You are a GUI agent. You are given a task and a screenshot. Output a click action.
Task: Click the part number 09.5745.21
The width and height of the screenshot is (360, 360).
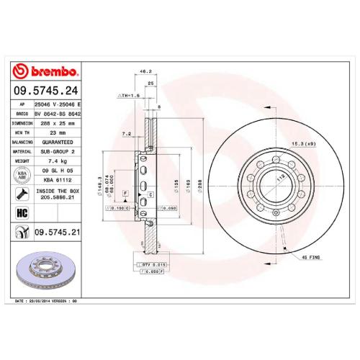click(x=57, y=233)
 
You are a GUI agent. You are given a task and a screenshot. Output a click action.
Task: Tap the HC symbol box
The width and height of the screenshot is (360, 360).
click(x=21, y=213)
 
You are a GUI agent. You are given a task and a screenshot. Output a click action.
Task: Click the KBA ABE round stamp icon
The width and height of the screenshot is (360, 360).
click(x=21, y=176)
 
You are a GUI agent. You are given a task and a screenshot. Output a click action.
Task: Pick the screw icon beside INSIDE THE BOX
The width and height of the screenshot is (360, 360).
click(x=21, y=194)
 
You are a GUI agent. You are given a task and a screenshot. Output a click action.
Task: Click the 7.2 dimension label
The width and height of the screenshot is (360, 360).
click(x=127, y=133)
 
